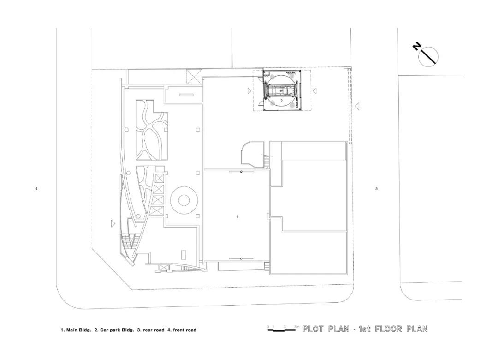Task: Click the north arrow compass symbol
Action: (x=428, y=56)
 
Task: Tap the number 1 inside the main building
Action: (x=237, y=216)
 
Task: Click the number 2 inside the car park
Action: (x=281, y=100)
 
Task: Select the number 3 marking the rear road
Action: (x=376, y=188)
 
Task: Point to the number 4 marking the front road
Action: (x=36, y=188)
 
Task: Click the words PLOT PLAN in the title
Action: (x=326, y=329)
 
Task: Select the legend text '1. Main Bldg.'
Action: (x=76, y=330)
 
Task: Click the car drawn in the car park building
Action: (x=281, y=90)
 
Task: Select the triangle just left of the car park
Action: (x=249, y=91)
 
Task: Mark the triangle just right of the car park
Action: (x=314, y=91)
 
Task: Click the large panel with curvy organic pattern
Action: (x=150, y=130)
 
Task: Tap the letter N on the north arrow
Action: (x=417, y=46)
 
